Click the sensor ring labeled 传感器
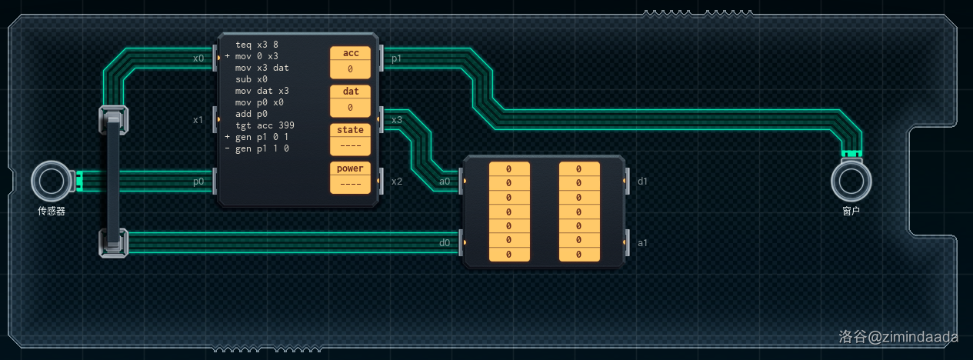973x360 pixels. pos(51,181)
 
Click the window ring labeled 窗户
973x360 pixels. pos(851,182)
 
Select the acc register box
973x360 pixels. pos(350,62)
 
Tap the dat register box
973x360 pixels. pos(350,101)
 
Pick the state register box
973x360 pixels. pos(350,139)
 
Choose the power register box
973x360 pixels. pos(350,178)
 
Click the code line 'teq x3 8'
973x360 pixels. pos(257,45)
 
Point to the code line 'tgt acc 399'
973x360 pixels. pos(265,125)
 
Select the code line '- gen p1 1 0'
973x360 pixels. pos(262,148)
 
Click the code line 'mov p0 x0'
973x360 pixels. pos(259,102)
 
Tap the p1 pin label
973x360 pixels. pos(396,58)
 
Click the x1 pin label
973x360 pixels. pos(198,120)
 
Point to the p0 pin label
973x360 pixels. pos(198,182)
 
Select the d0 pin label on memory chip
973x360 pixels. pos(445,243)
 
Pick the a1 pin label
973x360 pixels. pos(643,243)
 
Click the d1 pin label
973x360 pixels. pos(643,182)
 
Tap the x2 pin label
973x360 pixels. pos(397,182)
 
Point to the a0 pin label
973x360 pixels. pos(445,182)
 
